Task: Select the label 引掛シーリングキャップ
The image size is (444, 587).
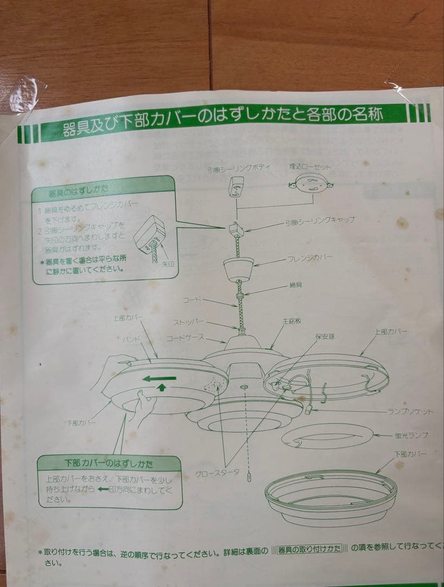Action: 320,220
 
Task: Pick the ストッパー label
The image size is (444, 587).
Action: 188,322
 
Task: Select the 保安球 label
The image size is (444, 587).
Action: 325,336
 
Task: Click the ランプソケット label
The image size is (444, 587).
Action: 410,412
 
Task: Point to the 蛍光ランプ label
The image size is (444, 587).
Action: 411,435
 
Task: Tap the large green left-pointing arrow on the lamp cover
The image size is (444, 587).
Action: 160,378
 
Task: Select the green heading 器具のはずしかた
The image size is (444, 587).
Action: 78,193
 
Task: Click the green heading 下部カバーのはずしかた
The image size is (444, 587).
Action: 109,464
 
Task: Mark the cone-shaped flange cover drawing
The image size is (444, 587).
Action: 238,268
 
